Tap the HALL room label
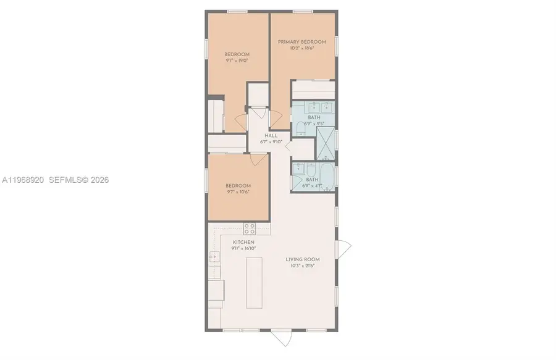(271, 136)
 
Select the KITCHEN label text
(243, 242)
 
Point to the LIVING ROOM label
(301, 259)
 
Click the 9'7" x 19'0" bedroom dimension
(237, 61)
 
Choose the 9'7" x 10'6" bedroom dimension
(238, 191)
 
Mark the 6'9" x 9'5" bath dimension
(313, 123)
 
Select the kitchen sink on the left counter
(214, 257)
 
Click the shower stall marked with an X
(324, 141)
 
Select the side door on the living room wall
(343, 248)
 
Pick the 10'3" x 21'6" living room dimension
(301, 266)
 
